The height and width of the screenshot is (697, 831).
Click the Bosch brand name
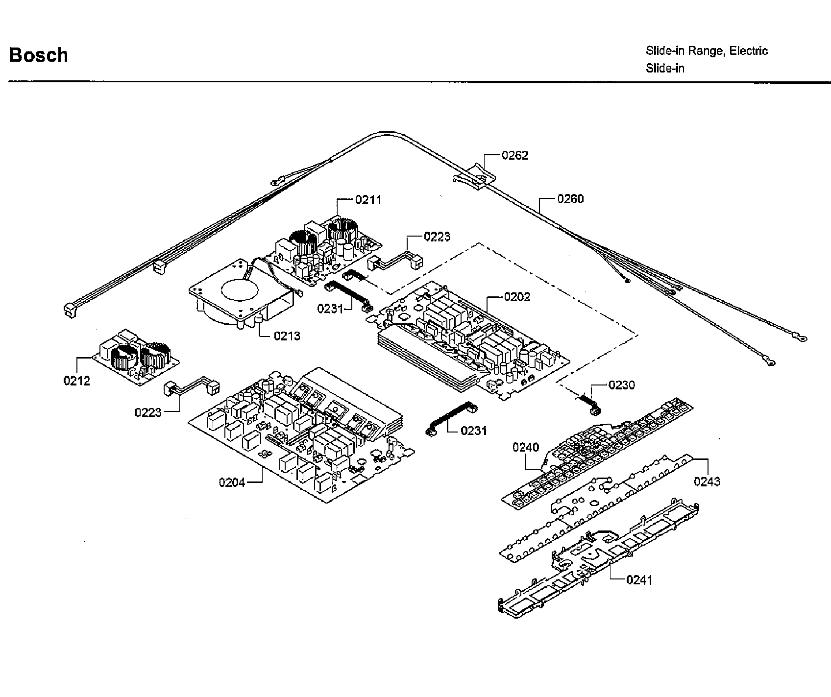[x=38, y=55]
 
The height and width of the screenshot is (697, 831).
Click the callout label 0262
[x=514, y=156]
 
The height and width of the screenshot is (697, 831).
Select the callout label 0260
[x=570, y=199]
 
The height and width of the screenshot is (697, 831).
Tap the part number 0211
[x=367, y=200]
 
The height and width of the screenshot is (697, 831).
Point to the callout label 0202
[x=517, y=297]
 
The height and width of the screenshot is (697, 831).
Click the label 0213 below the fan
[x=287, y=336]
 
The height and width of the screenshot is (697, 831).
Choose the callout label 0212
[x=76, y=381]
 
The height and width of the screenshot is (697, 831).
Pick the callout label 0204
[x=232, y=482]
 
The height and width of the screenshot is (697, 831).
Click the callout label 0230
[x=621, y=385]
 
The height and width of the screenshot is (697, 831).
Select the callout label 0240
[x=526, y=447]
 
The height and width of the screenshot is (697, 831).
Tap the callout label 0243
[x=707, y=481]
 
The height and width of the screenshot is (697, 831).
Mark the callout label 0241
[x=639, y=580]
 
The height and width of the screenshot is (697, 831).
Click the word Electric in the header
[x=748, y=51]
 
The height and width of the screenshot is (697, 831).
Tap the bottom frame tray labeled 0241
[x=598, y=563]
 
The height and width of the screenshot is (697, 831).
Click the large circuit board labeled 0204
[x=294, y=441]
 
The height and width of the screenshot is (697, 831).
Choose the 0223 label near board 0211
[x=437, y=237]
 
